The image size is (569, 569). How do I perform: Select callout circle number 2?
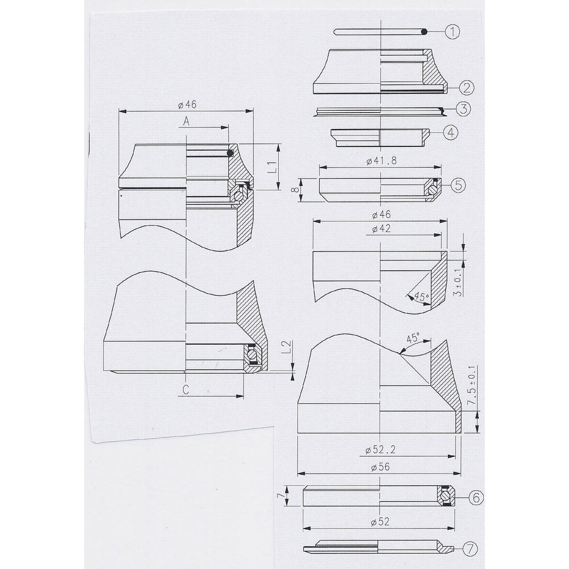coord(466,87)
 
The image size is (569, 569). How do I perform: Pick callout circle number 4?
coord(451,133)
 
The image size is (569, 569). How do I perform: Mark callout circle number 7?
coord(470,549)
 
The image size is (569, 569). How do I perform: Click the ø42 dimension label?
coord(380,229)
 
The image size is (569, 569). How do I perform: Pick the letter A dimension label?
coord(187,121)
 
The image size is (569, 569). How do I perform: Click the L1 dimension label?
coord(273,167)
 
